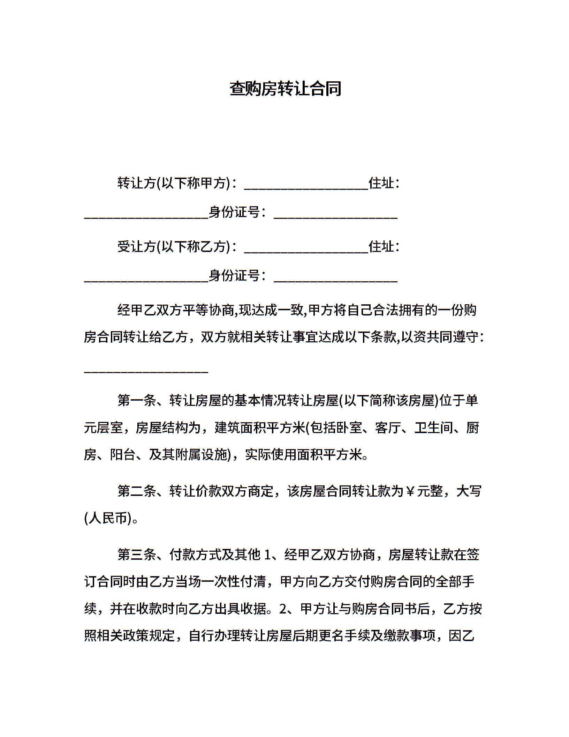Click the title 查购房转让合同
tap(285, 89)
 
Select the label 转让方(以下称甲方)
tap(174, 183)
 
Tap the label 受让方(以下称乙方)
tap(174, 246)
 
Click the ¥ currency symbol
tap(410, 491)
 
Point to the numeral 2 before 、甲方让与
tap(283, 609)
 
